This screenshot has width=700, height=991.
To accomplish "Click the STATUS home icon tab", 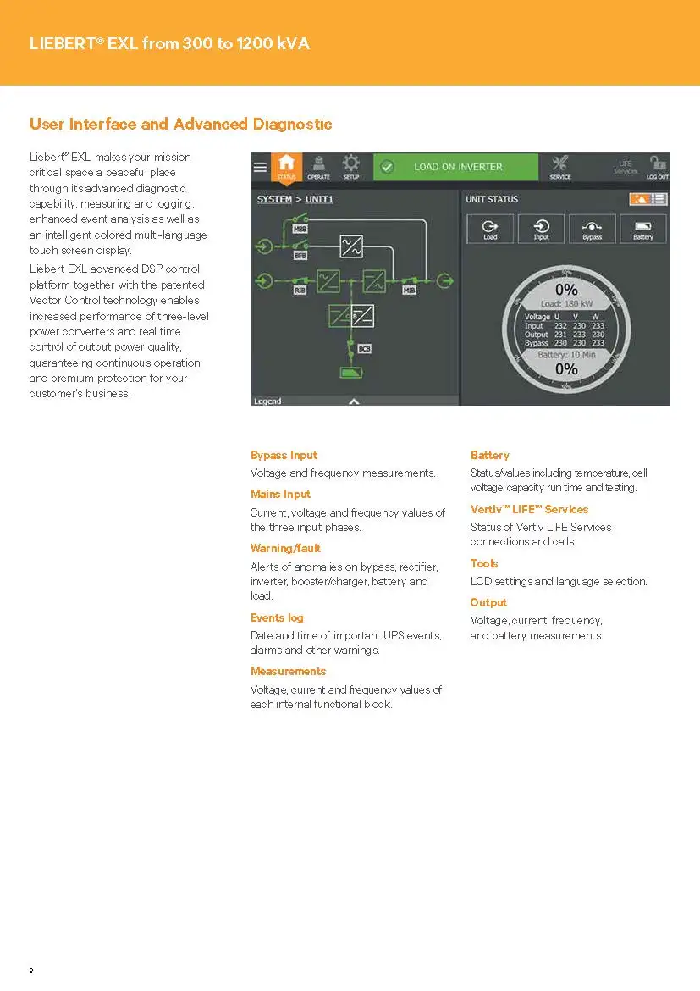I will pyautogui.click(x=287, y=166).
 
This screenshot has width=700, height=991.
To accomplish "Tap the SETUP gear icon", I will pyautogui.click(x=350, y=166).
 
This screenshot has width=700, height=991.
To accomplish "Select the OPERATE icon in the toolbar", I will pyautogui.click(x=318, y=166).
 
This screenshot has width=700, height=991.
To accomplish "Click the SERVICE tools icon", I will pyautogui.click(x=560, y=166).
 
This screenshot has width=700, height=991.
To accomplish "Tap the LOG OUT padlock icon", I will pyautogui.click(x=657, y=166).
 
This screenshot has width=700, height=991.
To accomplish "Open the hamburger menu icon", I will pyautogui.click(x=260, y=167).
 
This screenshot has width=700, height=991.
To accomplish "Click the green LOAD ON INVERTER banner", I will pyautogui.click(x=456, y=167).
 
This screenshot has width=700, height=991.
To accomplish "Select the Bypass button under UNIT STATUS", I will pyautogui.click(x=592, y=229).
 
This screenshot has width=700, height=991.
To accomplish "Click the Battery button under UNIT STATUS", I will pyautogui.click(x=643, y=229).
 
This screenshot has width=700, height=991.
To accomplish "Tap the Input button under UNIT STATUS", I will pyautogui.click(x=541, y=229).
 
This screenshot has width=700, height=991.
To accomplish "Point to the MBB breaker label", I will pyautogui.click(x=300, y=230).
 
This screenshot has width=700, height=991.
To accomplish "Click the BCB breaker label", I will pyautogui.click(x=364, y=348).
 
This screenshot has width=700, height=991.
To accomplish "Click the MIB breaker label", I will pyautogui.click(x=410, y=290).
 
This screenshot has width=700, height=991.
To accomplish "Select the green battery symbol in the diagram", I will pyautogui.click(x=349, y=373).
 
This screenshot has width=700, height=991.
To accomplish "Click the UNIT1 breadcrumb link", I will pyautogui.click(x=319, y=199).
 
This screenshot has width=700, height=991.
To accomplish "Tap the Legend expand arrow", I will pyautogui.click(x=354, y=401).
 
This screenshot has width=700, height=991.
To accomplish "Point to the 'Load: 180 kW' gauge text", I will pyautogui.click(x=566, y=304).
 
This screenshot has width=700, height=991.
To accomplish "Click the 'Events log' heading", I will pyautogui.click(x=277, y=617).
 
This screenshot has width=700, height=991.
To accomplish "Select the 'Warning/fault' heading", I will pyautogui.click(x=285, y=548).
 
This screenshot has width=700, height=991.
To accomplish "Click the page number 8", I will pyautogui.click(x=31, y=970).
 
